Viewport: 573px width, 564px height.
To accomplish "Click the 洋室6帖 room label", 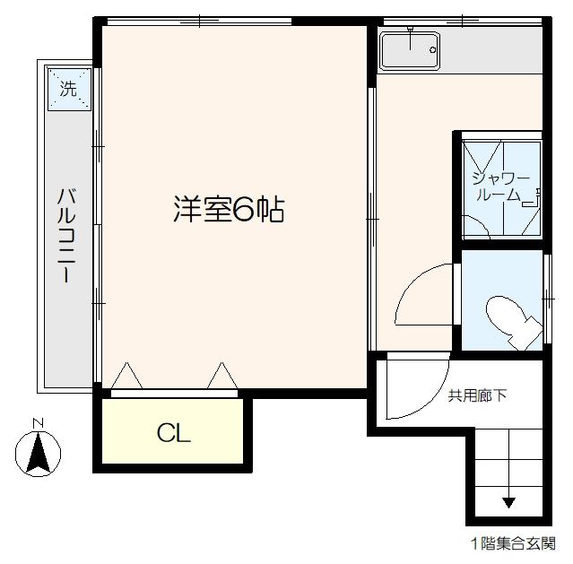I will coord(230,209).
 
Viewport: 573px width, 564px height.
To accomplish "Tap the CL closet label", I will coord(174,433).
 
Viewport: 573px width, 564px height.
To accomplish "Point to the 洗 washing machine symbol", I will coord(69,89).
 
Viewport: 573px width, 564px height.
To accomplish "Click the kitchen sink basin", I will coord(409,51).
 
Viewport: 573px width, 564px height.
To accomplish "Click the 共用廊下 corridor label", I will coord(476,395).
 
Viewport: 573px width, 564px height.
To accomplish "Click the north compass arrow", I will coord(38,452).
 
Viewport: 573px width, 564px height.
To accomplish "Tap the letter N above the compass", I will coord(38,422).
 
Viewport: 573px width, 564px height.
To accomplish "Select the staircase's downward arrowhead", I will coord(508,502).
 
